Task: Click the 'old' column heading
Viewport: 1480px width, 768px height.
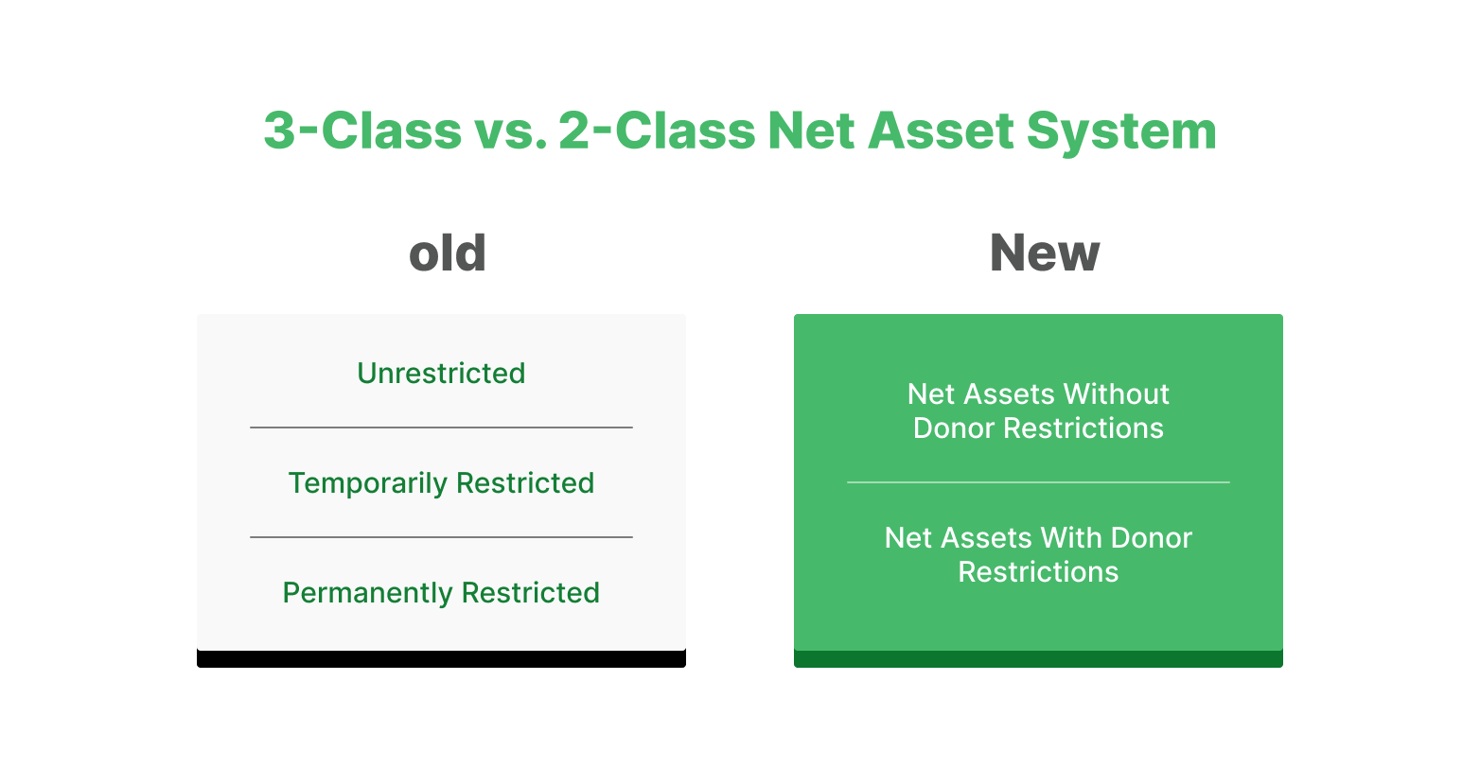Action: (x=447, y=253)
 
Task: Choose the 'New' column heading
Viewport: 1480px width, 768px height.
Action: (x=1045, y=253)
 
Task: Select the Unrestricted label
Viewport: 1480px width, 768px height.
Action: (x=441, y=374)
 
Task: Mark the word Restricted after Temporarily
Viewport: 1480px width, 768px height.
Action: (x=525, y=483)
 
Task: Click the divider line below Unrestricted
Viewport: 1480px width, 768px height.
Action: (x=441, y=428)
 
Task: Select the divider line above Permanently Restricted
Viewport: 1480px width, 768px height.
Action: (x=441, y=537)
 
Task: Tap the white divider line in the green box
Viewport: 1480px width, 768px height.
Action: (x=1038, y=482)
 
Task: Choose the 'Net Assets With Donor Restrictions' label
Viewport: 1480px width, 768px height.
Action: (x=1038, y=555)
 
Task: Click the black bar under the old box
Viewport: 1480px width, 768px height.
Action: (x=441, y=659)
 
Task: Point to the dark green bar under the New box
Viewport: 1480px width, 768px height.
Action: (x=1038, y=659)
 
